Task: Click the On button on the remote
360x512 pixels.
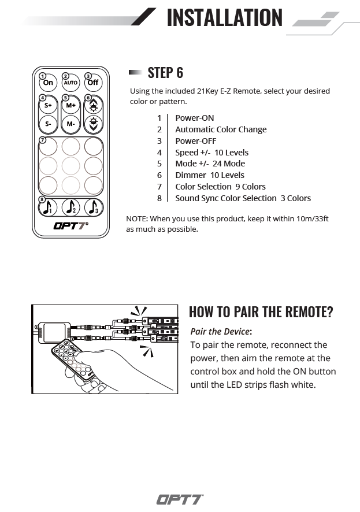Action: point(48,83)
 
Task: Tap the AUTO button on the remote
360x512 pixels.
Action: point(70,83)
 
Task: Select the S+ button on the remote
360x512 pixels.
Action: point(48,106)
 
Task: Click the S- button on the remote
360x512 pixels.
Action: point(48,124)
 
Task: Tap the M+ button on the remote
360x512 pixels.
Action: point(70,106)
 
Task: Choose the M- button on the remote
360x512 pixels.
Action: point(70,124)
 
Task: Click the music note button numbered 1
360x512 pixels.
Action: point(48,207)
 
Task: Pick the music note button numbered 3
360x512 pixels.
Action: point(93,207)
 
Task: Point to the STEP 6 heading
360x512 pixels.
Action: point(165,73)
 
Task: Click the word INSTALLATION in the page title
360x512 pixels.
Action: point(224,17)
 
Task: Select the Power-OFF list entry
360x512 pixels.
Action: point(195,141)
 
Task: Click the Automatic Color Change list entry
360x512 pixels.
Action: point(221,129)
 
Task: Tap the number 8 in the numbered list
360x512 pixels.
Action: point(159,198)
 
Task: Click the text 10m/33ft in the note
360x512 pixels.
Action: point(310,219)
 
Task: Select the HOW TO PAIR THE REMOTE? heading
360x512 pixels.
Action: point(261,312)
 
